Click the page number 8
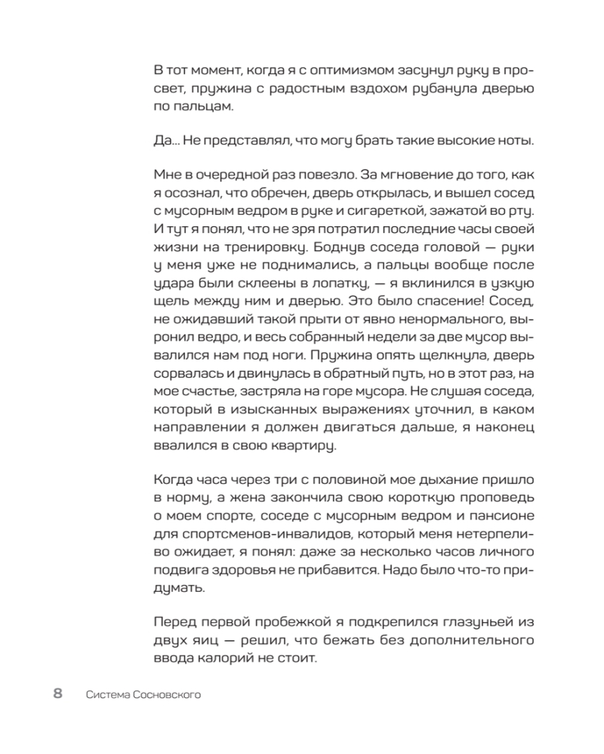tap(58, 694)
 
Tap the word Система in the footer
tap(109, 695)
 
